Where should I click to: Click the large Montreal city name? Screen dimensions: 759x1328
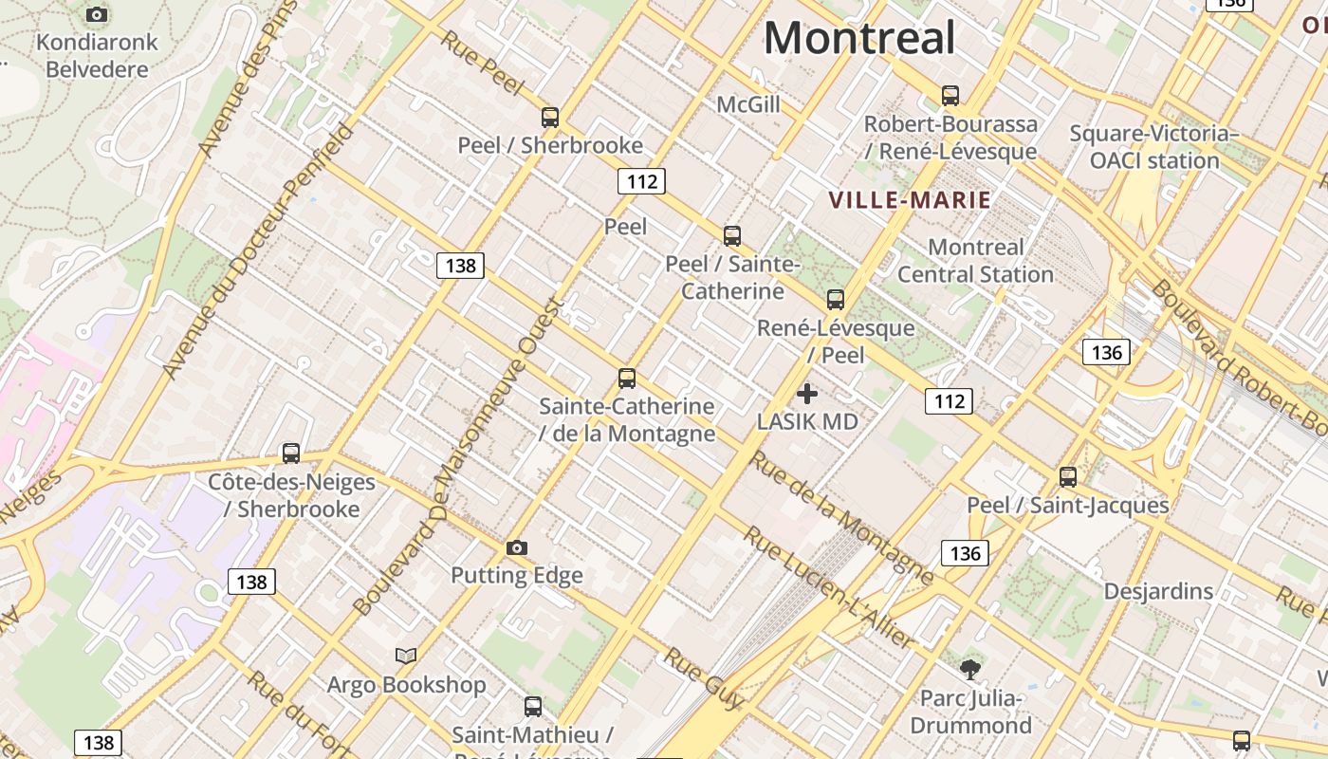tap(859, 38)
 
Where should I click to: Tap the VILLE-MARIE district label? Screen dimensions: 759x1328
tap(910, 200)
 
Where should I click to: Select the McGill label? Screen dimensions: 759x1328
tap(748, 104)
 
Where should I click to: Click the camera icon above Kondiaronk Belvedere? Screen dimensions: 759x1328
tap(97, 14)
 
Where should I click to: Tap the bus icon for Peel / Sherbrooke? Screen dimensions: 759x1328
tap(550, 118)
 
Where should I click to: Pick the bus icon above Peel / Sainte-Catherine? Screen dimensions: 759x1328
tap(732, 235)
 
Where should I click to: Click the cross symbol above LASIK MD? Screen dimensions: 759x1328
tap(807, 393)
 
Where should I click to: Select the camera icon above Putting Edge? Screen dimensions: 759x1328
tap(517, 547)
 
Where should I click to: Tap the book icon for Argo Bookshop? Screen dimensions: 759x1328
tap(406, 656)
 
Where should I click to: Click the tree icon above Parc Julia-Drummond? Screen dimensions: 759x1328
tap(970, 670)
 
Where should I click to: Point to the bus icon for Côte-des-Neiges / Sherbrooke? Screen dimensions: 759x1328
tap(291, 454)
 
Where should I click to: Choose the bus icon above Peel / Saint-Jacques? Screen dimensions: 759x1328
tap(1068, 477)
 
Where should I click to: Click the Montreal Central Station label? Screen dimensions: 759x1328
tap(975, 261)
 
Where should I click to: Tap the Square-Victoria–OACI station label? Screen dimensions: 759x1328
tap(1154, 147)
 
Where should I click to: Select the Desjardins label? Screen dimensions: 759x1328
tap(1158, 592)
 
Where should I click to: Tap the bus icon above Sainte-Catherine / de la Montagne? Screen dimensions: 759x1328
tap(627, 379)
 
